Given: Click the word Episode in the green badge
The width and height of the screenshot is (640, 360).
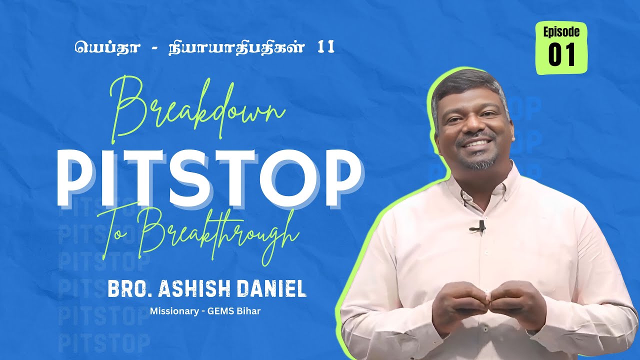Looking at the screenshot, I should point(561,32).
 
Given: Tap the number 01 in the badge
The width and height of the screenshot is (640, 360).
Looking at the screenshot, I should point(561,55).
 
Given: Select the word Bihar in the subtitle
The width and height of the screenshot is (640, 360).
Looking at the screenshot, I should point(250,311).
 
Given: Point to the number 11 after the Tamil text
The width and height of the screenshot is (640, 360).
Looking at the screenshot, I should point(325,47).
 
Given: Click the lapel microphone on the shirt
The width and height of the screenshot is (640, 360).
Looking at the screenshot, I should point(479,227).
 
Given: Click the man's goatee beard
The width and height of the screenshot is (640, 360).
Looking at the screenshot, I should point(479,161).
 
